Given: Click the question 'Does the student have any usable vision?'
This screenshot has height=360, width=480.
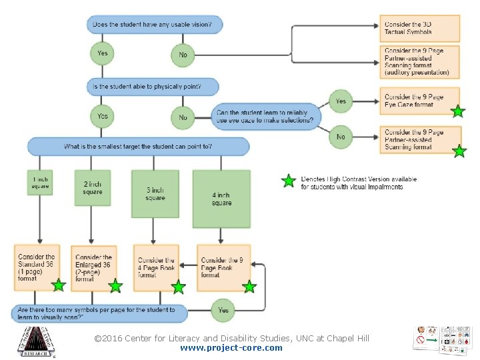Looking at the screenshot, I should pyautogui.click(x=153, y=25).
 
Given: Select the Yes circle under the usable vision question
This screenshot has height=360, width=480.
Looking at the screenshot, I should pyautogui.click(x=102, y=53).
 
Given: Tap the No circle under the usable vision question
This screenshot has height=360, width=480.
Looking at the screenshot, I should pyautogui.click(x=183, y=55).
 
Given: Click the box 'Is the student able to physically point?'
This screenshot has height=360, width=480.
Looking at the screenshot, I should pyautogui.click(x=153, y=87).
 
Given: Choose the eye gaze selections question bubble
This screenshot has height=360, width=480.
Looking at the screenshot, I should pyautogui.click(x=265, y=117).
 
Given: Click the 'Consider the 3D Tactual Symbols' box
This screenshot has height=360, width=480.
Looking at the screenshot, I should pyautogui.click(x=419, y=28).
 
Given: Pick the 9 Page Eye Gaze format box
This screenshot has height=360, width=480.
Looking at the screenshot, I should pyautogui.click(x=419, y=101).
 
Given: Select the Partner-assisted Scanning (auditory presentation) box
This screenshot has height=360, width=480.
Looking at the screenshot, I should pyautogui.click(x=419, y=61).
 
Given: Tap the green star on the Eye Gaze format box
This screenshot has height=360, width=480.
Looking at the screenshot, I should pyautogui.click(x=457, y=111).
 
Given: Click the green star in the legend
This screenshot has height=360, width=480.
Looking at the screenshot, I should pyautogui.click(x=288, y=181).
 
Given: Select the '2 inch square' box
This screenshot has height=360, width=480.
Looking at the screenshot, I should pyautogui.click(x=93, y=188).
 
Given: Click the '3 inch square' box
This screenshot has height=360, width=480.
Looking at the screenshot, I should pyautogui.click(x=155, y=194).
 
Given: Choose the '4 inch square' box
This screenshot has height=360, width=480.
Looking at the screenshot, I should pyautogui.click(x=221, y=199).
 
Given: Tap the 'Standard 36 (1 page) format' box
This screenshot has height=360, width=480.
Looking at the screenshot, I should pyautogui.click(x=37, y=267).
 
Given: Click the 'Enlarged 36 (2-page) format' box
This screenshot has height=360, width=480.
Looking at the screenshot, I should pyautogui.click(x=93, y=267).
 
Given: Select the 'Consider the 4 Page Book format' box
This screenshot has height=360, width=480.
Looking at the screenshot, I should pyautogui.click(x=156, y=267).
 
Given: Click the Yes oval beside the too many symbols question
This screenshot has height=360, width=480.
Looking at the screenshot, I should pyautogui.click(x=223, y=310).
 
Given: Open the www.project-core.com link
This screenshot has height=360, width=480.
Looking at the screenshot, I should pyautogui.click(x=231, y=348).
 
